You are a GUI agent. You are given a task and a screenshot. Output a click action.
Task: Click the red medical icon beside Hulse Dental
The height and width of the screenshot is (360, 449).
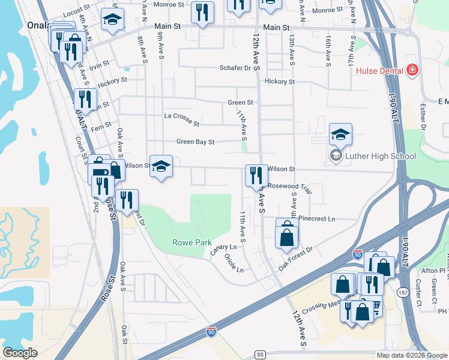(412, 71)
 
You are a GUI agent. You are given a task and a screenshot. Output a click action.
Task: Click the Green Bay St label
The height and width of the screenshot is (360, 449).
(195, 142)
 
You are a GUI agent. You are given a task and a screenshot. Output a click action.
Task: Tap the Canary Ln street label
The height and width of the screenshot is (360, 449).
(223, 247)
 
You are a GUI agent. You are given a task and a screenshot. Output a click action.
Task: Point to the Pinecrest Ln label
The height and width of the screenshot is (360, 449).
(316, 219)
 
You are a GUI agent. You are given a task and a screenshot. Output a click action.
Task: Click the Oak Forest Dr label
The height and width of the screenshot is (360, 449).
(295, 257)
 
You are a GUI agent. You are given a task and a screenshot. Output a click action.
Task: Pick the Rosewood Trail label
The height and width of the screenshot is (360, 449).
(291, 187)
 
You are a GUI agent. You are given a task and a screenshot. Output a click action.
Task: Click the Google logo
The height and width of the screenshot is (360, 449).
(20, 353)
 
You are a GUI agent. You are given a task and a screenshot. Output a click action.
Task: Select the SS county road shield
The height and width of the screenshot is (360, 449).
(259, 354)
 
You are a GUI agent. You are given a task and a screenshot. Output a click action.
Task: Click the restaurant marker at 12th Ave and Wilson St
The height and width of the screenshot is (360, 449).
(256, 176)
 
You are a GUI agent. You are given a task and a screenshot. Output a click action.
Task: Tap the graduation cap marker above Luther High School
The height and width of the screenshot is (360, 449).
(340, 134)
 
